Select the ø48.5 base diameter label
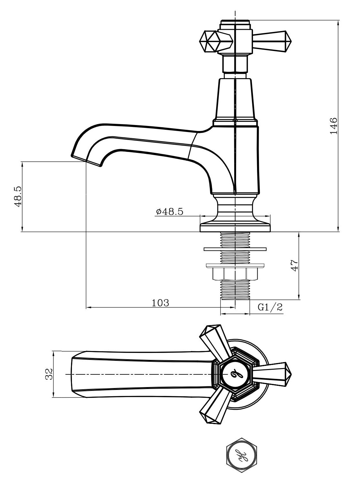point(170,211)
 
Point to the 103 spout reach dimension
point(160,303)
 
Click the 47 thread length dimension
point(295,265)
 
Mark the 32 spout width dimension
point(49,374)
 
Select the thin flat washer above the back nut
point(235,249)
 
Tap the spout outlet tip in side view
point(87,160)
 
